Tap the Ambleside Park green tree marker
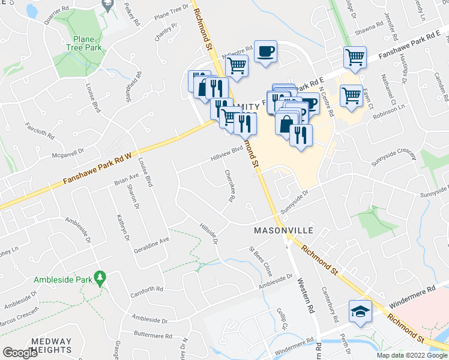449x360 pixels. click(101, 278)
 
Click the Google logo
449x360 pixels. click(20, 352)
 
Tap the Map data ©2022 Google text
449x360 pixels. click(412, 355)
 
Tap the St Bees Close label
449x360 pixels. click(262, 263)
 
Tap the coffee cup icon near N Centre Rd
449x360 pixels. click(265, 50)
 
